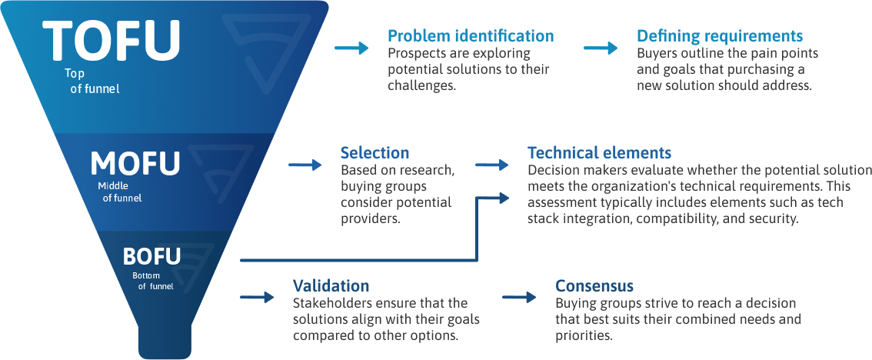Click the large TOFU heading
(111, 40)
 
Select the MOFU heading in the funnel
(135, 163)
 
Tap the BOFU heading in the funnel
(151, 256)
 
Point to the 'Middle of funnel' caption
(120, 192)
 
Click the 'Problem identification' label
(471, 36)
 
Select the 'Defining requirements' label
(720, 36)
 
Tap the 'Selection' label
(374, 153)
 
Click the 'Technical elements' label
(599, 153)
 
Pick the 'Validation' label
(331, 286)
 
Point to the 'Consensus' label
(594, 286)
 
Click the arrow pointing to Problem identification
(351, 48)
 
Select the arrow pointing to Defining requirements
(601, 48)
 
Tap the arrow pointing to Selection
(305, 165)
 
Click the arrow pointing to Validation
(257, 297)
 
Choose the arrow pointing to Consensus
(519, 297)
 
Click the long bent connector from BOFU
(477, 231)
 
